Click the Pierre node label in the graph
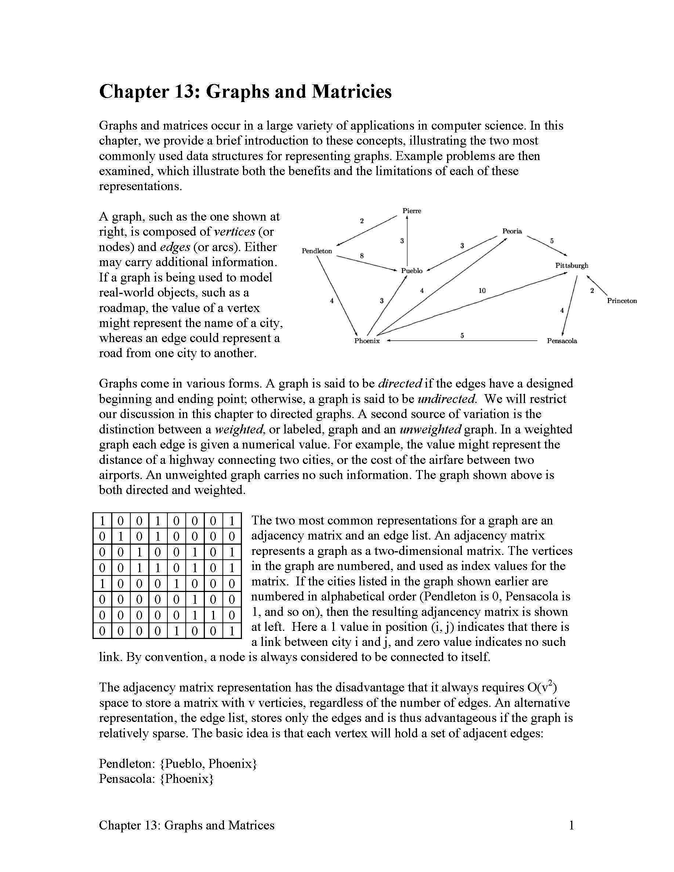(x=411, y=211)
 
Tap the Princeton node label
(x=622, y=301)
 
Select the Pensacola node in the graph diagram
(x=561, y=341)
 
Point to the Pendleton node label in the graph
(x=317, y=251)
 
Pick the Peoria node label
(x=512, y=231)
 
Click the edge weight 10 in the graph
(x=482, y=290)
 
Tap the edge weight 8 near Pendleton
(x=362, y=255)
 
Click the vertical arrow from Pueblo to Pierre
(x=407, y=248)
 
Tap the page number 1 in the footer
(x=571, y=825)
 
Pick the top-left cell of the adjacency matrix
(x=102, y=521)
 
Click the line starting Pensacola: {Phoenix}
(x=156, y=778)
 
